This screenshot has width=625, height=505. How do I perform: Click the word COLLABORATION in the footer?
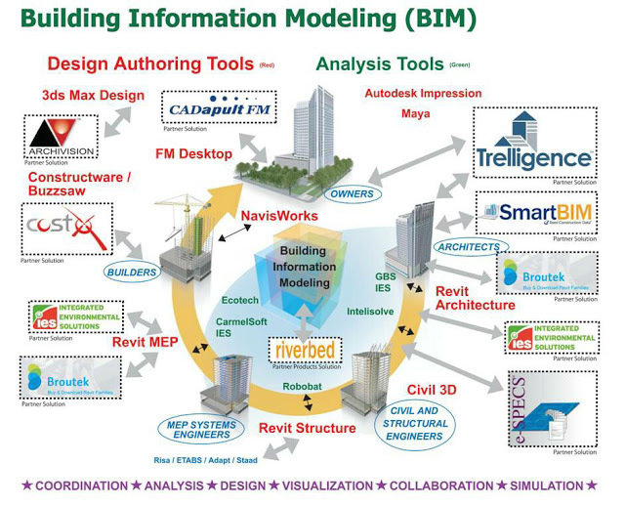[441, 485]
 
